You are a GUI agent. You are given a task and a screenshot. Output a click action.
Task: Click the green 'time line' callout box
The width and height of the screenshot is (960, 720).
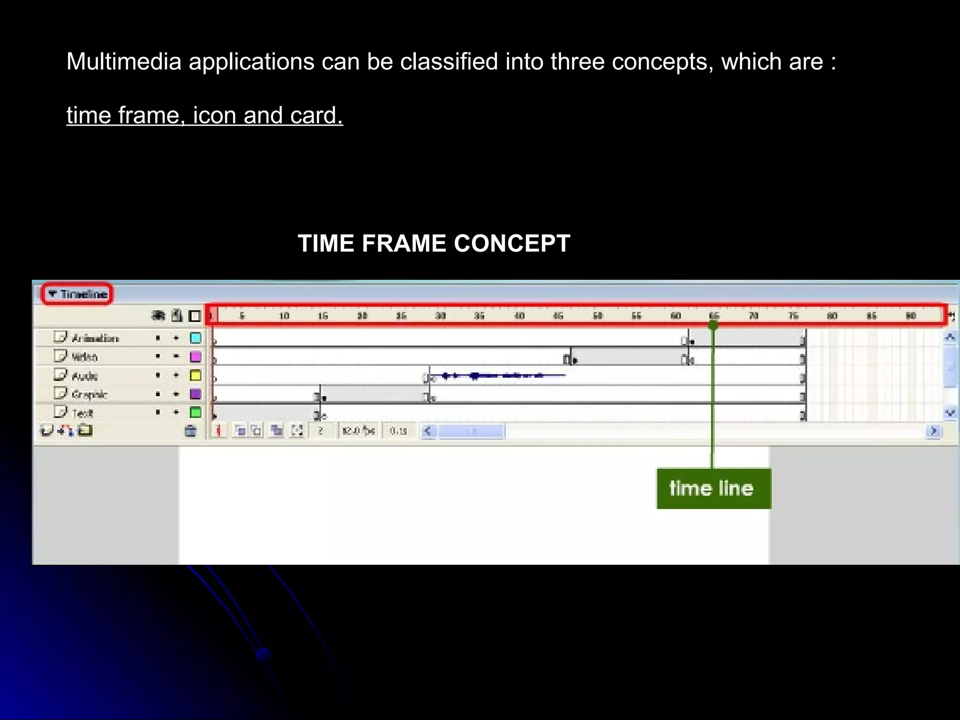point(713,488)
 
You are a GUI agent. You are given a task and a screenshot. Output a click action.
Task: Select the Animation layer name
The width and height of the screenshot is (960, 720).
point(95,338)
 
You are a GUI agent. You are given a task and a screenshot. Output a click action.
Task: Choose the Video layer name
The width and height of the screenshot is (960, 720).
point(84,357)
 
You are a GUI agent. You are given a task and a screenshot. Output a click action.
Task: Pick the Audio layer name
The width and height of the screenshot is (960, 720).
point(84,375)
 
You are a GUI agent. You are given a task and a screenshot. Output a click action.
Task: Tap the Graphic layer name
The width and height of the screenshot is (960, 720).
point(89,394)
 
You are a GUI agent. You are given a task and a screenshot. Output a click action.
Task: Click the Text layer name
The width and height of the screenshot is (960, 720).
point(82,413)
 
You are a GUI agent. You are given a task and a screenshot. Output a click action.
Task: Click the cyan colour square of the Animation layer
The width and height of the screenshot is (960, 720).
point(195,338)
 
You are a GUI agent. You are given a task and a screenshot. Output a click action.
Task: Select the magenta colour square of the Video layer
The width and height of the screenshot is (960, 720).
point(195,357)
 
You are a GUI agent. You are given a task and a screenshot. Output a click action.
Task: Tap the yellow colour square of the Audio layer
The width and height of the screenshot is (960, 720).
point(195,375)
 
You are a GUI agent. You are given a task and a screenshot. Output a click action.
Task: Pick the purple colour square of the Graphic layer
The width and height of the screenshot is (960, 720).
point(195,394)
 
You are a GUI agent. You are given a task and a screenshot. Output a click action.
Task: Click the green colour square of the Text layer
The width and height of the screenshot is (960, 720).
point(195,412)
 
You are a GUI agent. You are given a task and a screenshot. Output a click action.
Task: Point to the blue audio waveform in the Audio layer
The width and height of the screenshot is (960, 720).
point(497,375)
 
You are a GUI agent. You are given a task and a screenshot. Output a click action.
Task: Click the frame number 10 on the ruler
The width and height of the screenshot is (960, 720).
point(284,315)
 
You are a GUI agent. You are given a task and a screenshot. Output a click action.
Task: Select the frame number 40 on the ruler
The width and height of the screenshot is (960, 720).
point(519,315)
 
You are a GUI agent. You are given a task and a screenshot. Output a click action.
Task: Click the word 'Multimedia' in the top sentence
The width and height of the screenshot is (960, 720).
point(124,61)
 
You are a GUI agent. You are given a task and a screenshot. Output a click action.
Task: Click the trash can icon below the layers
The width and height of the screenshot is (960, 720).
point(190,430)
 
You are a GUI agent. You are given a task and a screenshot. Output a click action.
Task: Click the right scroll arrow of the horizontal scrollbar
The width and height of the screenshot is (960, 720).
point(933,430)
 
